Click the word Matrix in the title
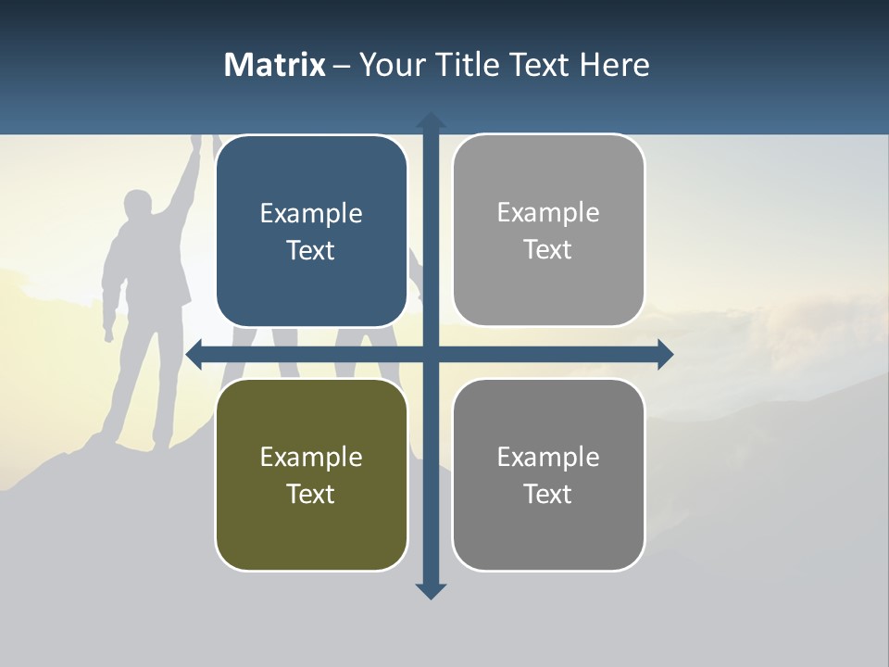tap(275, 65)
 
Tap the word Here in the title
tap(614, 65)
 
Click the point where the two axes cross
tap(431, 354)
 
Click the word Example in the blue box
tap(311, 214)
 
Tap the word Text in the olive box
tap(311, 494)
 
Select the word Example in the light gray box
tap(548, 213)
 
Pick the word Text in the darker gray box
tap(548, 494)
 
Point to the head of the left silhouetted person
tap(138, 206)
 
